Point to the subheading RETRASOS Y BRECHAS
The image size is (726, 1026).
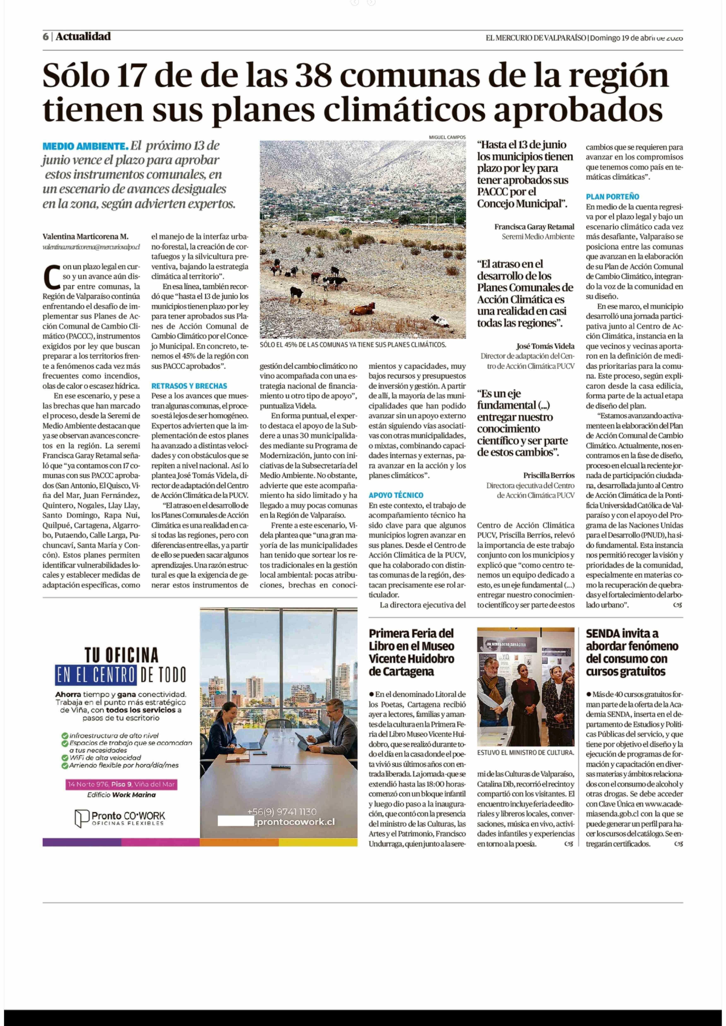coord(189,386)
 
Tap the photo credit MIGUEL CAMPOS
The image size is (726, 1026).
coord(447,137)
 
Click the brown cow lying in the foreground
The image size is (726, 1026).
coord(363,309)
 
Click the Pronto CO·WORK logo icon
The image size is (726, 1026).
coord(82,818)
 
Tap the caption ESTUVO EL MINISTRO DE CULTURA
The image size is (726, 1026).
coord(525,752)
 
